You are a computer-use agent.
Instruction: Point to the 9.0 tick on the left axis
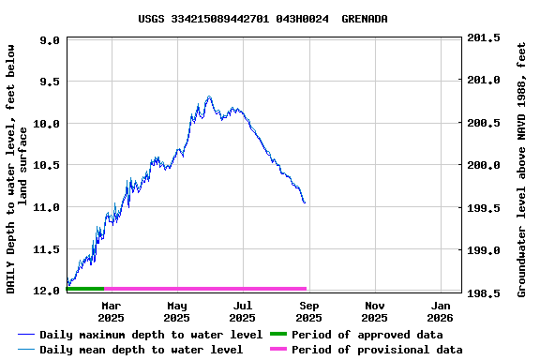(50, 40)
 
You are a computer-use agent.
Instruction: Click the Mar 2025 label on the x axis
(111, 311)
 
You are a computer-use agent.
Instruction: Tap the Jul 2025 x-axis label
(243, 311)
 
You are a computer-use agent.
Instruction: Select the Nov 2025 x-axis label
(375, 311)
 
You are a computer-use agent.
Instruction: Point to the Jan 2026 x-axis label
(442, 311)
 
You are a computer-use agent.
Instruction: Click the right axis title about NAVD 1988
(521, 167)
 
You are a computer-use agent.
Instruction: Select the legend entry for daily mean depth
(141, 350)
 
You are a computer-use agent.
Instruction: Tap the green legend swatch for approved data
(277, 335)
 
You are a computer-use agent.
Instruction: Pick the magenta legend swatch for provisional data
(277, 350)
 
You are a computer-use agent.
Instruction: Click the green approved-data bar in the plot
(85, 288)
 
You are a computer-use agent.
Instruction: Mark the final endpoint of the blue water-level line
(305, 202)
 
